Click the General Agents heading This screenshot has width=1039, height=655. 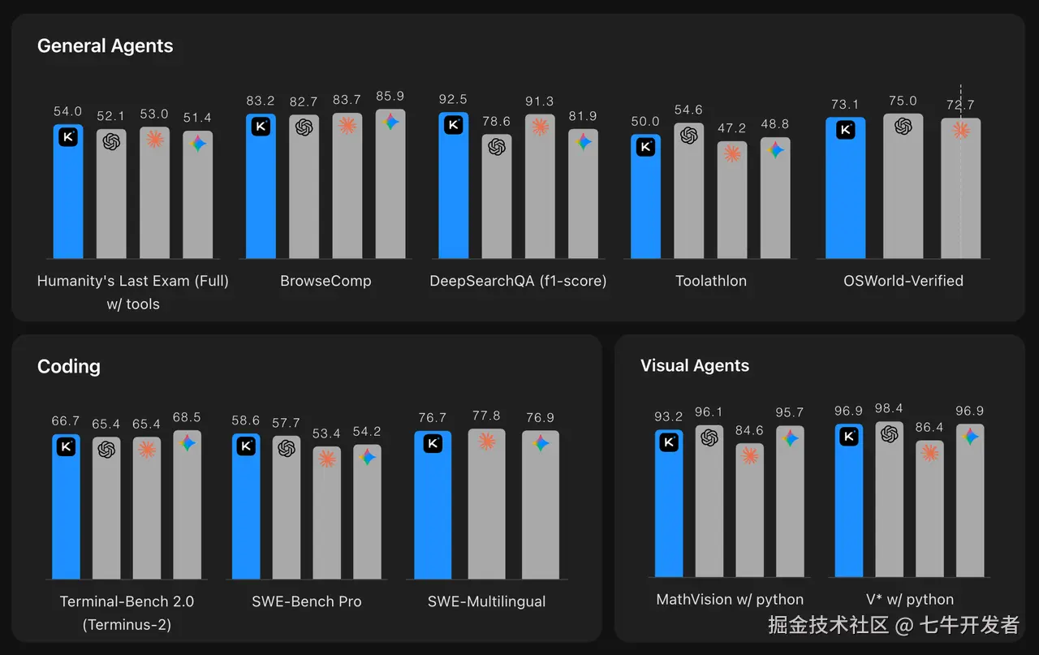coord(105,46)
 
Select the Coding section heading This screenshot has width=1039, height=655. coord(69,366)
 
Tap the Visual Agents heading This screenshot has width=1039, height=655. coord(694,365)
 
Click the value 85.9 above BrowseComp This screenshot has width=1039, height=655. coord(390,97)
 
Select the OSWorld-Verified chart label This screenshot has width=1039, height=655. coord(903,281)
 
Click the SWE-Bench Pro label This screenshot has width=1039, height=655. coord(307,601)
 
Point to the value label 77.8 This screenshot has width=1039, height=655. coord(486,416)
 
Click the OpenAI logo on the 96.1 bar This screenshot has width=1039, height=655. coord(709,437)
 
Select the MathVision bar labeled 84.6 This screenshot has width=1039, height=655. coord(749,511)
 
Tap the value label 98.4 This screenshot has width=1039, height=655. coord(889,408)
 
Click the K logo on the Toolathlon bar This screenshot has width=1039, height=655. coord(645,147)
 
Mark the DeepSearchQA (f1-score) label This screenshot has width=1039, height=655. coord(518,281)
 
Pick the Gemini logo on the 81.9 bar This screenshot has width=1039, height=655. coord(583,142)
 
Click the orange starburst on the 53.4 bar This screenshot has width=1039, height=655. coord(326,459)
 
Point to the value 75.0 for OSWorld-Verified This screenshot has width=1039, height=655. coord(903,101)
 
